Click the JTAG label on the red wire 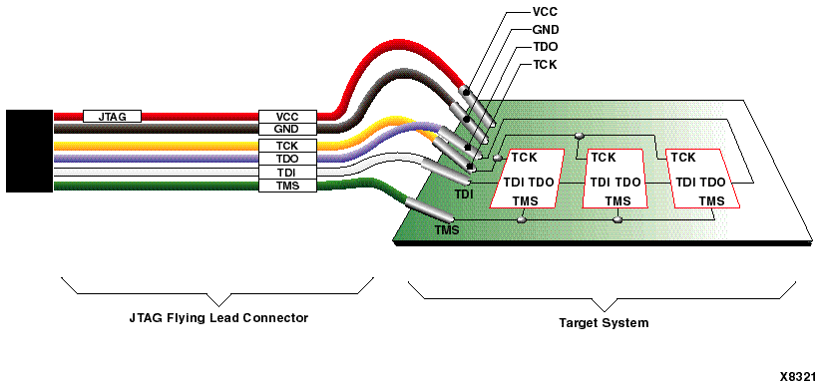coord(112,116)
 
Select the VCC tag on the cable coord(286,116)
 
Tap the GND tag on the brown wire coord(286,129)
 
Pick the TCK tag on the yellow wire coord(286,146)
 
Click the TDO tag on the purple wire coord(286,159)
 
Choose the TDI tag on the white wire coord(286,172)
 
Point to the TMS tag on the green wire coord(286,185)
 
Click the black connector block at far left coord(29,151)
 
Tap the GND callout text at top coord(546,31)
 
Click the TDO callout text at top coord(546,48)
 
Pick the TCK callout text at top coord(546,65)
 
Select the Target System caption coord(603,323)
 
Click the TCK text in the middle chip coord(604,158)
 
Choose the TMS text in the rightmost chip coord(710,201)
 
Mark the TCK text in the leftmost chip coord(525,158)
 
